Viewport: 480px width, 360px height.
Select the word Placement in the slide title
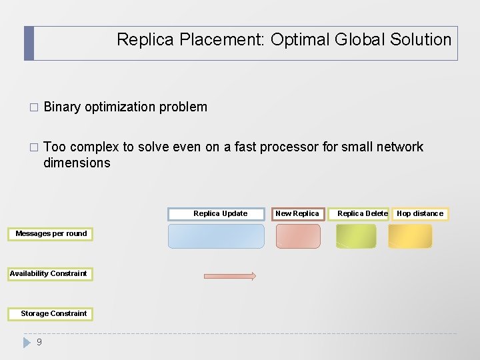224,39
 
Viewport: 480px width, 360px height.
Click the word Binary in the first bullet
62,107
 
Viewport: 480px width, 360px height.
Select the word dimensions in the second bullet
77,163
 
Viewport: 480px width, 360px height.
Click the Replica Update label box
220,213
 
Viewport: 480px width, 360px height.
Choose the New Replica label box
297,213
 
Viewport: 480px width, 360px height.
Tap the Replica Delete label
362,213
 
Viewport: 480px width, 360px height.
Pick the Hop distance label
420,213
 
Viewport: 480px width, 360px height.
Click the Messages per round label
51,233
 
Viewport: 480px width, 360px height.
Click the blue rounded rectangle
216,236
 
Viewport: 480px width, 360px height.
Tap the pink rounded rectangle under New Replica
298,236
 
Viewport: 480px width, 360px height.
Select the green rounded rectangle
356,236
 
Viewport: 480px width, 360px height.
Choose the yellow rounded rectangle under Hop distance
410,236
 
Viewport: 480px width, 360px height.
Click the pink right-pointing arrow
229,276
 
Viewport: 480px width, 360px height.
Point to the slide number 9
39,342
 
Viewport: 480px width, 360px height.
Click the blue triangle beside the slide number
27,343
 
